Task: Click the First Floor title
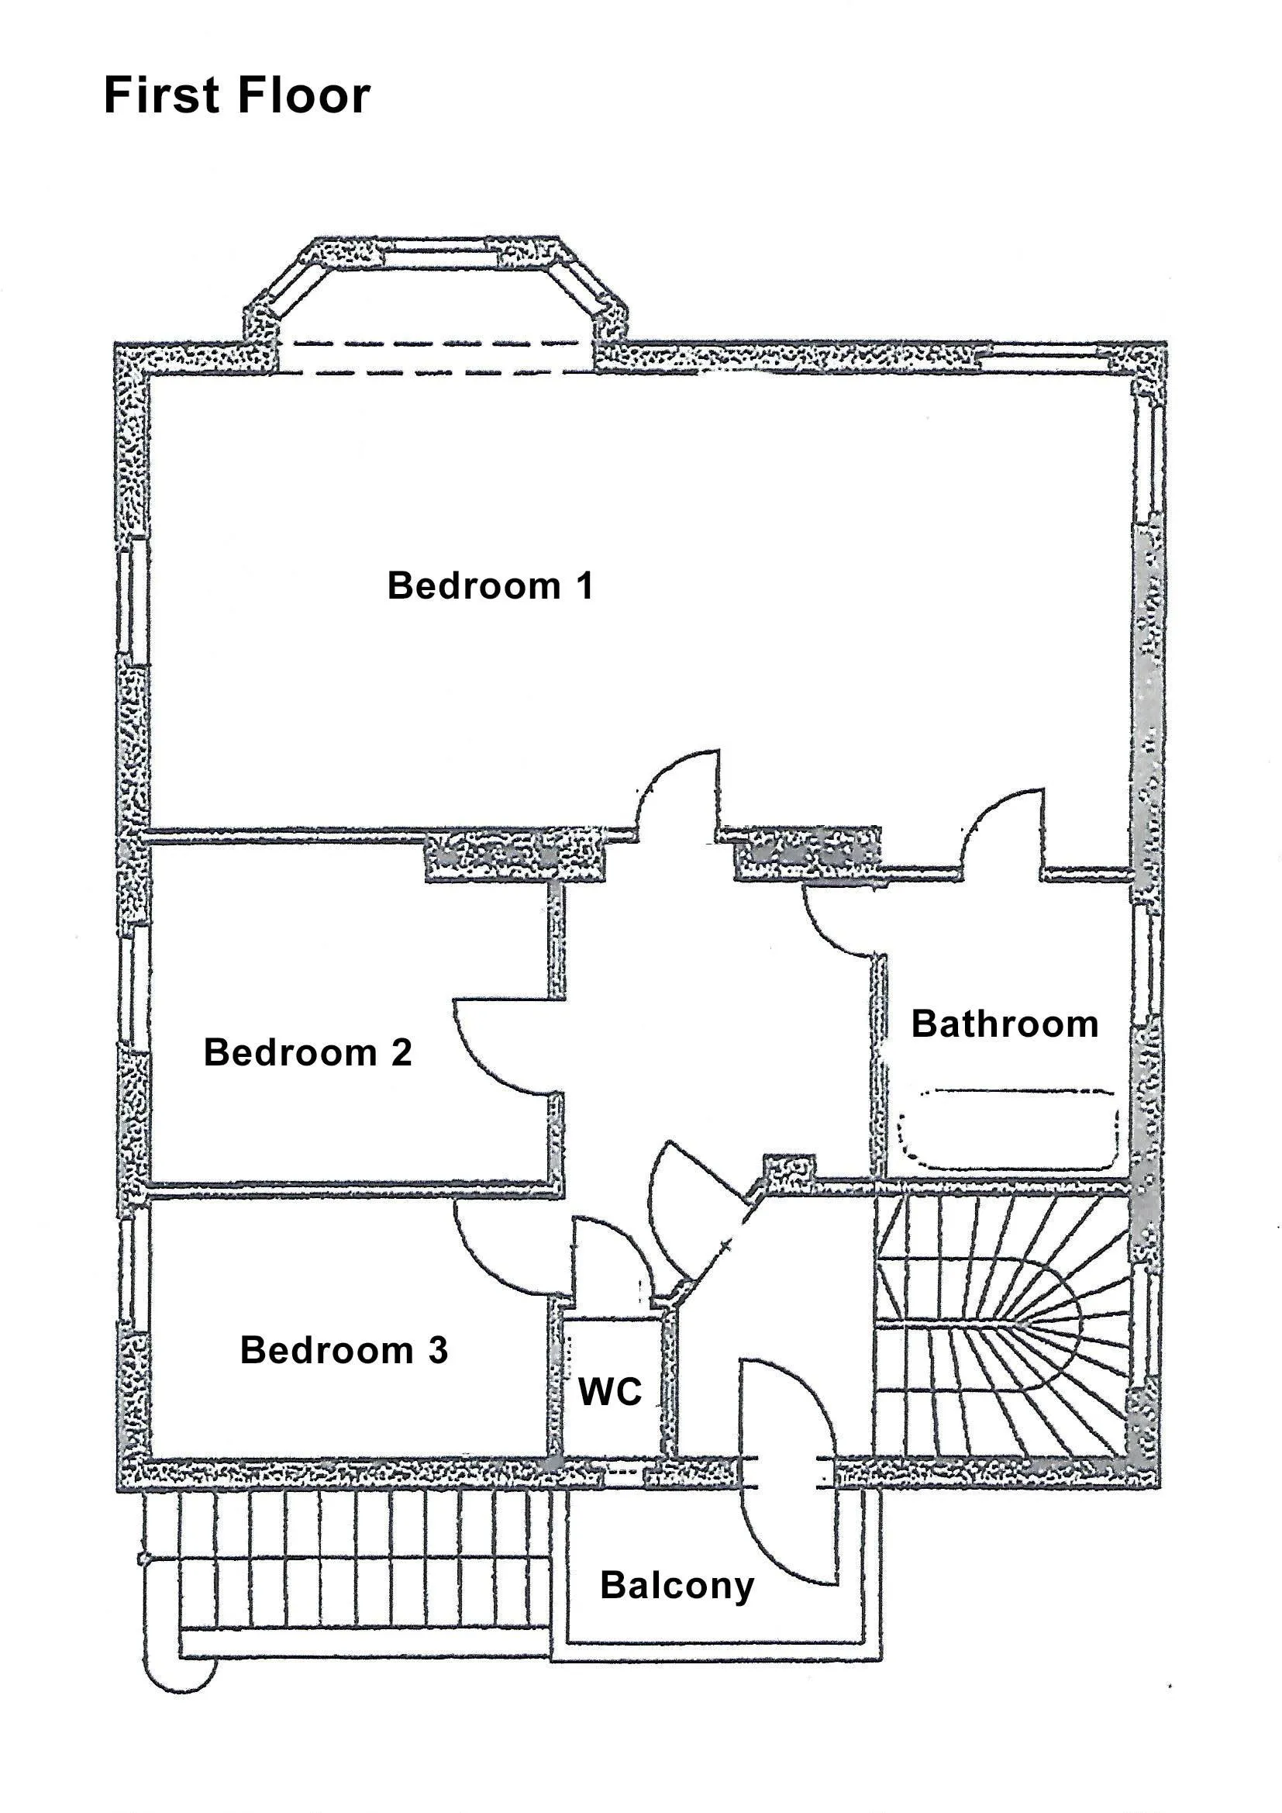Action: click(237, 95)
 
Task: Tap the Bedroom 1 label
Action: click(489, 586)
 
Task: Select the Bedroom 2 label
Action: click(308, 1052)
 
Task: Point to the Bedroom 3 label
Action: click(344, 1350)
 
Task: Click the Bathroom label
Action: click(1005, 1024)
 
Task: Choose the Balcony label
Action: click(677, 1587)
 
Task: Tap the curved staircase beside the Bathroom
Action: click(1001, 1326)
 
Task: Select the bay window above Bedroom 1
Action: click(436, 292)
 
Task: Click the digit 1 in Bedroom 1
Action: click(584, 586)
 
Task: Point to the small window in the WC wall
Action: click(624, 1472)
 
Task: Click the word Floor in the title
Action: click(302, 95)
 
